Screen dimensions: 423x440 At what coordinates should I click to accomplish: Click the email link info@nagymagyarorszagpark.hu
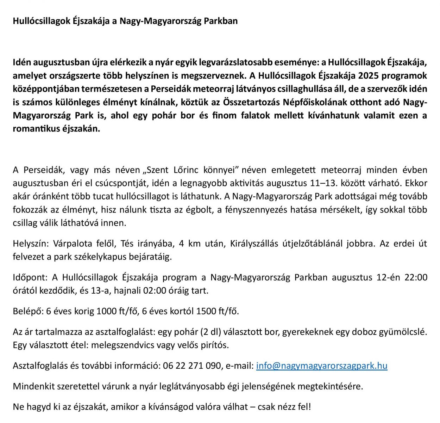(x=321, y=366)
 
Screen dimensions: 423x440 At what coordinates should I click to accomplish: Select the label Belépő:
(x=27, y=311)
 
